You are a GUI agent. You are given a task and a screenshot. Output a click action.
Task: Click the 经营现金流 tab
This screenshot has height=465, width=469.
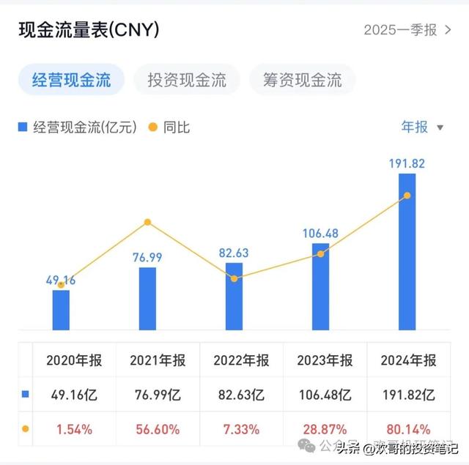click(x=71, y=80)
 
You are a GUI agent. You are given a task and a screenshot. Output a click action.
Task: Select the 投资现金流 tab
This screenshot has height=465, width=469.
click(x=187, y=80)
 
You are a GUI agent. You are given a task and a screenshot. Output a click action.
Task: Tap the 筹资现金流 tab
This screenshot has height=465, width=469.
click(x=302, y=80)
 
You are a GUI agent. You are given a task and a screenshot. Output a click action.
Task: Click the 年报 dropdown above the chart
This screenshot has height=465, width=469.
click(x=422, y=127)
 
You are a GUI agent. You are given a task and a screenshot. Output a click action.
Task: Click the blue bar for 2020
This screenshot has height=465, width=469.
click(x=61, y=310)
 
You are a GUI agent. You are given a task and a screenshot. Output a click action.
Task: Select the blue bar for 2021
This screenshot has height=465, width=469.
click(x=147, y=298)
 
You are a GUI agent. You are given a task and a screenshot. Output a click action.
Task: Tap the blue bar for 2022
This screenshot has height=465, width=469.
click(x=234, y=296)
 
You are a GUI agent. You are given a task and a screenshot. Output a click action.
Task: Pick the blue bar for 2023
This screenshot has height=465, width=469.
click(x=320, y=286)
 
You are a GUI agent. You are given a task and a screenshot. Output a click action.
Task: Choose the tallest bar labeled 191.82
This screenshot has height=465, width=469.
click(x=407, y=251)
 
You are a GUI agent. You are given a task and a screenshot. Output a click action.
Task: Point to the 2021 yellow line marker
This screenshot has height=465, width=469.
click(x=147, y=222)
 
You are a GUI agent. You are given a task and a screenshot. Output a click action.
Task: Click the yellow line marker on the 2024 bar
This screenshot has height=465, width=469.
click(x=407, y=196)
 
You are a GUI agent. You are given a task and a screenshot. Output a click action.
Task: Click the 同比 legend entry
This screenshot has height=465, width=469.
click(x=169, y=127)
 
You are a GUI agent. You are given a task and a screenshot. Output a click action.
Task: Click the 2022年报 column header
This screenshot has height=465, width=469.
click(x=241, y=360)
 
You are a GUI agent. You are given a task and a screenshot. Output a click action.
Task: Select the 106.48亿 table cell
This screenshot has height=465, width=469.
click(x=325, y=395)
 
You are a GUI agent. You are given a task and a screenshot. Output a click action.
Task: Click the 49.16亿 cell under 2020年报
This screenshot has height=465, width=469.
click(x=74, y=395)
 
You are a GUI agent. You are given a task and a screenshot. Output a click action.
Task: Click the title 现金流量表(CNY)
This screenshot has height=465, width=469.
click(x=89, y=30)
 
